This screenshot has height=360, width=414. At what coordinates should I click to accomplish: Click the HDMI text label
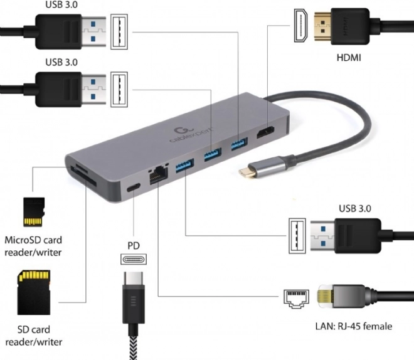(349, 57)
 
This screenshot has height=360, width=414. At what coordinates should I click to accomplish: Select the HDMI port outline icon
(300, 25)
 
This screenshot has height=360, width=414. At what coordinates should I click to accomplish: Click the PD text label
(134, 245)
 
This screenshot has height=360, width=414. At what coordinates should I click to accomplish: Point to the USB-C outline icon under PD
(134, 259)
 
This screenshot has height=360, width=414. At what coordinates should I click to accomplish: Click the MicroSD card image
(34, 212)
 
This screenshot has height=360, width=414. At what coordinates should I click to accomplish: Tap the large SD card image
(34, 292)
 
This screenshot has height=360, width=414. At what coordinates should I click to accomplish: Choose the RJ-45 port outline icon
(296, 299)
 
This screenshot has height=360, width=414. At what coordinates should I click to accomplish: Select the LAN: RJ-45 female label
(354, 326)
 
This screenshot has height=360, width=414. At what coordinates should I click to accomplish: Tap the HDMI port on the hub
(265, 132)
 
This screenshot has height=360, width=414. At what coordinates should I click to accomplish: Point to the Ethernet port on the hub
(159, 175)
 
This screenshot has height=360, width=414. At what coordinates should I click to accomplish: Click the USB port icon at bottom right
(297, 236)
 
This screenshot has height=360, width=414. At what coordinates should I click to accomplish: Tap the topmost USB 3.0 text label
(61, 4)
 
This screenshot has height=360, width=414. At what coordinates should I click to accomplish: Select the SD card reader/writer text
(34, 336)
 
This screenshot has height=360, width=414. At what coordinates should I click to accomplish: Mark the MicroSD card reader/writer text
(33, 246)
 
